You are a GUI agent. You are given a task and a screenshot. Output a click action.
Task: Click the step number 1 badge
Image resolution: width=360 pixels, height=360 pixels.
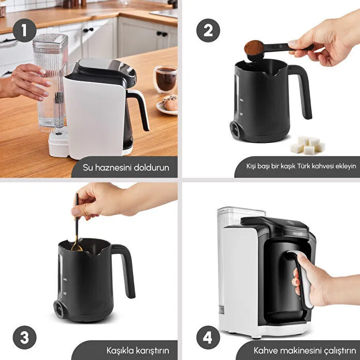24,30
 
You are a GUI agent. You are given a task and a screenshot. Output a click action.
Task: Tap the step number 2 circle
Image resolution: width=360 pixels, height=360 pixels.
208,30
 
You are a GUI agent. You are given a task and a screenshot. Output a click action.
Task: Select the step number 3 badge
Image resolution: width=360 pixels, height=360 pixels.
24,338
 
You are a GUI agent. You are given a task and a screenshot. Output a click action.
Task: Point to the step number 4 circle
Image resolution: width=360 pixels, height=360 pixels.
208,338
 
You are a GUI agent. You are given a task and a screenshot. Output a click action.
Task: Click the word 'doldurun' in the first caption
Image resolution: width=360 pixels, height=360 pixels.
151,167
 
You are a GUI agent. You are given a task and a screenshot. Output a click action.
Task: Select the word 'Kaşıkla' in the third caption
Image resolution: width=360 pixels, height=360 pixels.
120,351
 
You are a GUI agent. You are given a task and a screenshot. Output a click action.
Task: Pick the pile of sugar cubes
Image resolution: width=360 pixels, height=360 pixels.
307,145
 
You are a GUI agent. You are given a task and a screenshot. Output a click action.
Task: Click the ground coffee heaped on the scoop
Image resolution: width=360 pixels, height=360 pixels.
254,47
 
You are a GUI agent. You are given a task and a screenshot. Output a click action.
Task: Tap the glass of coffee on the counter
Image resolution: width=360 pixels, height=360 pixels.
166,79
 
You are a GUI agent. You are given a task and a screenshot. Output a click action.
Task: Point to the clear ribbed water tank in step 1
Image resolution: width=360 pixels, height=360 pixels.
51,83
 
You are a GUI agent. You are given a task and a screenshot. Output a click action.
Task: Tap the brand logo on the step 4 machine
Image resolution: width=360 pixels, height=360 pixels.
298,234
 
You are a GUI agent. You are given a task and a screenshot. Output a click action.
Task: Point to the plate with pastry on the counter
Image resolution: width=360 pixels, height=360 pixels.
167,106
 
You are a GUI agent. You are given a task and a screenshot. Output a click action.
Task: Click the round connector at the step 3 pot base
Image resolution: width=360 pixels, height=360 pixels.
59,309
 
